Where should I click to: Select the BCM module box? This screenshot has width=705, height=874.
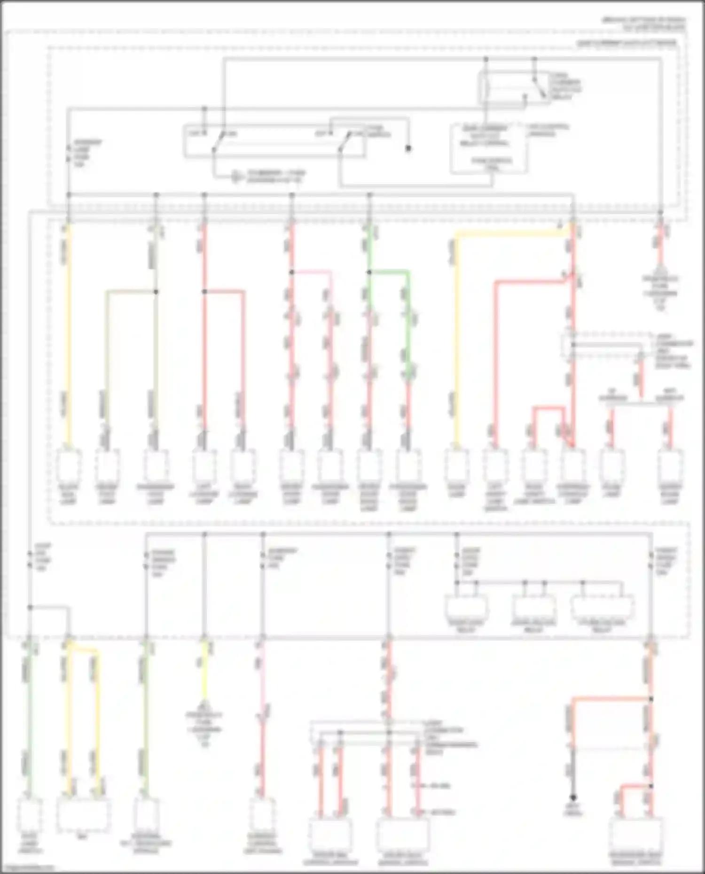tap(83, 815)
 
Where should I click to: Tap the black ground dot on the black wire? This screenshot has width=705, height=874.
tap(573, 797)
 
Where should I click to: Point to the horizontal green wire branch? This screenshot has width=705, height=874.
tap(389, 272)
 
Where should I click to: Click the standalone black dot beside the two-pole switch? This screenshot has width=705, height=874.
tap(408, 149)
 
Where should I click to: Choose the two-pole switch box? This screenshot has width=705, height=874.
tap(274, 140)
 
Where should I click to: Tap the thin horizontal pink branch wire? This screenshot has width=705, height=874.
tap(311, 272)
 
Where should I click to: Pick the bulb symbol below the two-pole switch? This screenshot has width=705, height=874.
tap(235, 177)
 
